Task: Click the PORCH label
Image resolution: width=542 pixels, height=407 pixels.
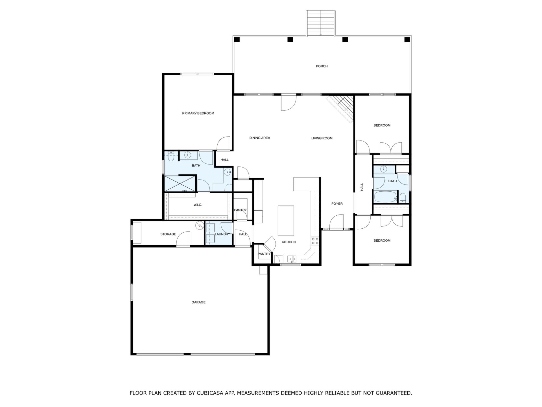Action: coord(322,66)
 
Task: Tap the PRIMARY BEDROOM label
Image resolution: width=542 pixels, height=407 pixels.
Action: coord(198,113)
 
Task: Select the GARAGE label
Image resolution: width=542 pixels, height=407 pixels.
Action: coord(198,302)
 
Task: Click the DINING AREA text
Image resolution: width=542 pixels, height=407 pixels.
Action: coord(260,138)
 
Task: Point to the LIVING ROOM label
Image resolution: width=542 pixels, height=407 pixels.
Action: coord(322,138)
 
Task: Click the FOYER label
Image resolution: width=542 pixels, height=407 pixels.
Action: coord(337,204)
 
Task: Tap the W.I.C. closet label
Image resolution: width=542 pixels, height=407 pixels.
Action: coord(198,205)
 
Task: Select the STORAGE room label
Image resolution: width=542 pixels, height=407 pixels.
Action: coord(168,234)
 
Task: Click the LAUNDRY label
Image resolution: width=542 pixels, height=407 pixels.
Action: coord(222,234)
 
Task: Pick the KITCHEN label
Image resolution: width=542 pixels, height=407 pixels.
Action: coord(289,242)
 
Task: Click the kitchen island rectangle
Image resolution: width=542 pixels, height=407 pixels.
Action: coord(286,221)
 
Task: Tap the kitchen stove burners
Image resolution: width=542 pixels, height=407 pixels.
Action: coord(315,241)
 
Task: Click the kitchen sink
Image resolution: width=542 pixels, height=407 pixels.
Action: coord(292,259)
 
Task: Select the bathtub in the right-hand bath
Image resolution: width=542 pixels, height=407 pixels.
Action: coord(386,197)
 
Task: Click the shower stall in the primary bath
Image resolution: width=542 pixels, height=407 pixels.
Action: coord(180,183)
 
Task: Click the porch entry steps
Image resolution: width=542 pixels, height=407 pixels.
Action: coord(321,23)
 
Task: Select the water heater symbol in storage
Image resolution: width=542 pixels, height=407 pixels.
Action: coord(200,225)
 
